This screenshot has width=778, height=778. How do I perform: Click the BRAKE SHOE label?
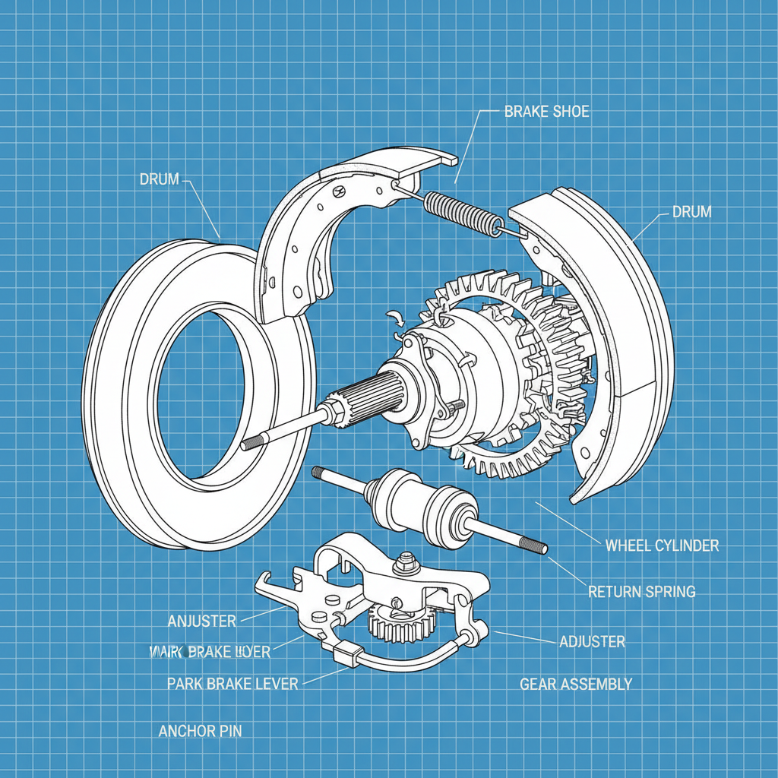point(546,112)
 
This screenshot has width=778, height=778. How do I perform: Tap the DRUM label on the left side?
point(160,179)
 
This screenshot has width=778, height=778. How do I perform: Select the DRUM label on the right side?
point(691,212)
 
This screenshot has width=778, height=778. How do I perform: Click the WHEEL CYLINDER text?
point(661,546)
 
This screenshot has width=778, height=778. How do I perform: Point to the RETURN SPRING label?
point(641,591)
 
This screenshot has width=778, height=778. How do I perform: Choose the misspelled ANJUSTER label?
point(201,621)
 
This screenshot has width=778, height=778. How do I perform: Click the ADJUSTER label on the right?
point(592,642)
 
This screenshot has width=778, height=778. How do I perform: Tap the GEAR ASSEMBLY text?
point(575,685)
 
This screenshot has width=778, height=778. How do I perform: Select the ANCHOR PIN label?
point(200,732)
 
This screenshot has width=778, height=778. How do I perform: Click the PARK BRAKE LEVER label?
point(232,684)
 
